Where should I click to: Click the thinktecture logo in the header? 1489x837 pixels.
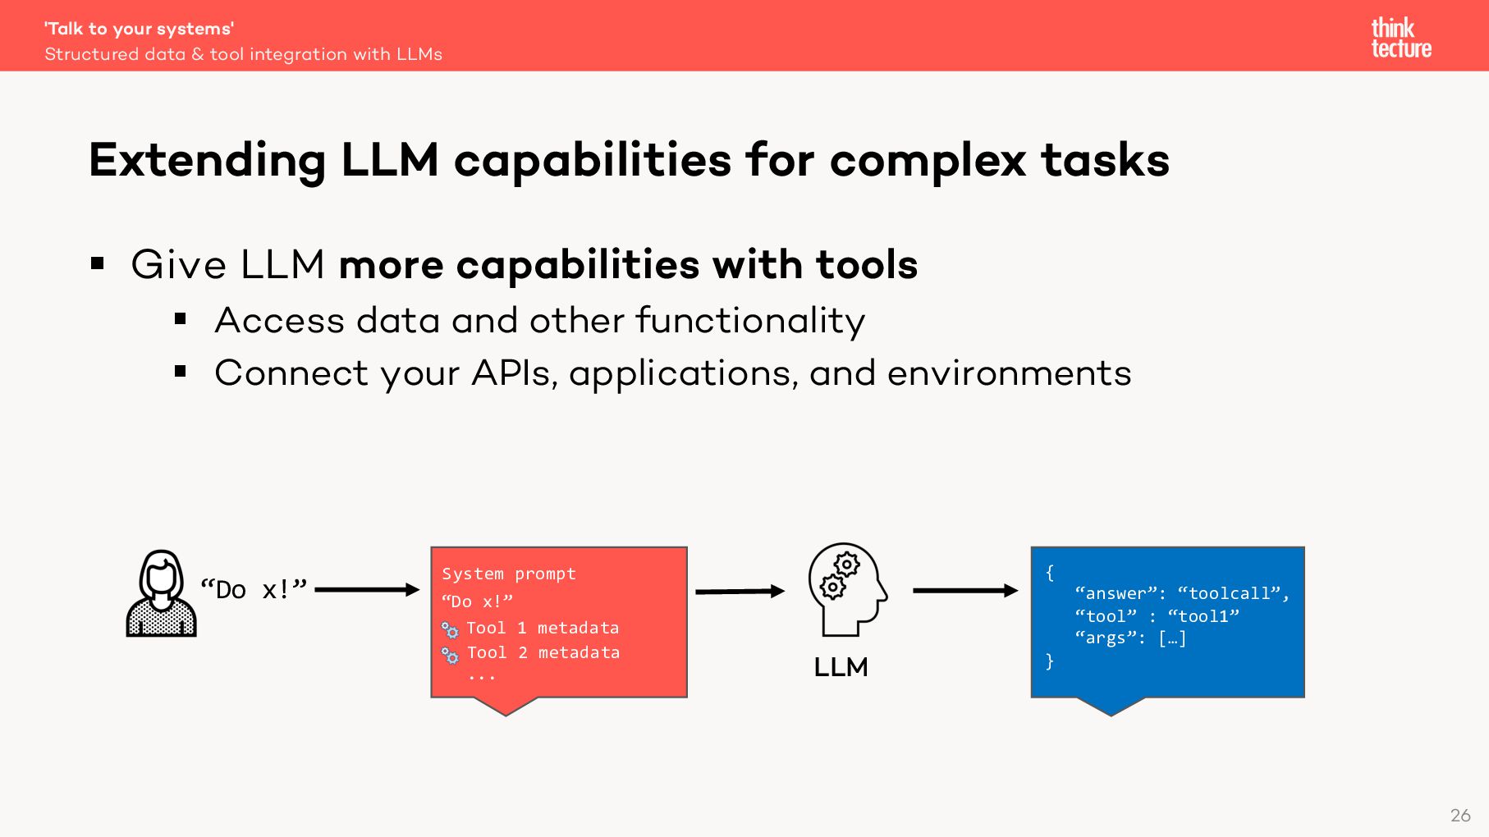[1400, 38]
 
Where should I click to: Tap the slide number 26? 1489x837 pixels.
[1460, 815]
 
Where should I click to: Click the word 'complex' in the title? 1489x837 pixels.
[928, 160]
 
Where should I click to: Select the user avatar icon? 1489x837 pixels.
[161, 593]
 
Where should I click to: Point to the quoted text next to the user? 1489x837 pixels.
[253, 589]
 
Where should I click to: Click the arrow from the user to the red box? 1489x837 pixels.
[366, 589]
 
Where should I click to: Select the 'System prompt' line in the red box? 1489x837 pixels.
[509, 574]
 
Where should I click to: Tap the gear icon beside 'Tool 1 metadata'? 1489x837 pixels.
[450, 630]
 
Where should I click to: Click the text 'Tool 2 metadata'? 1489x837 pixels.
[543, 652]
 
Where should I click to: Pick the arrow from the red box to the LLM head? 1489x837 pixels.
[739, 591]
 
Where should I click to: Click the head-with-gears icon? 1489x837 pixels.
[846, 588]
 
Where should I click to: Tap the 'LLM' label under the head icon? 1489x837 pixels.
[841, 666]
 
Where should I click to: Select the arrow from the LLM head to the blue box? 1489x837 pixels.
[964, 590]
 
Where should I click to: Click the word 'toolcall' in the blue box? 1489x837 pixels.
[1229, 593]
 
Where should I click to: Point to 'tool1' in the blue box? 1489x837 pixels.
[1203, 616]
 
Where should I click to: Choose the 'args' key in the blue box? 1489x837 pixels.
[1106, 638]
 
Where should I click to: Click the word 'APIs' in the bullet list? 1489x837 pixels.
[514, 373]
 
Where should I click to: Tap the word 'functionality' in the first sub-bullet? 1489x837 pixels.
[750, 320]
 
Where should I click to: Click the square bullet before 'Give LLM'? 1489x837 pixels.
[99, 263]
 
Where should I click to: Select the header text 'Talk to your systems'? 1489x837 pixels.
[139, 29]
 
